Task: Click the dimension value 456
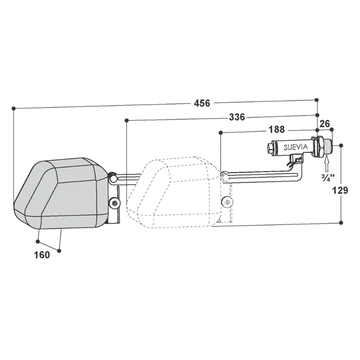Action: click(x=202, y=103)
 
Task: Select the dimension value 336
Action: click(x=237, y=117)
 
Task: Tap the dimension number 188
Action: click(x=277, y=130)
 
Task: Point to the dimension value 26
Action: click(x=325, y=124)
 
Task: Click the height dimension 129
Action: click(x=340, y=191)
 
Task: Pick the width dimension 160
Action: click(x=42, y=255)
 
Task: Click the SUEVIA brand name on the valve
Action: click(x=296, y=147)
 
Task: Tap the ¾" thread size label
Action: click(x=328, y=178)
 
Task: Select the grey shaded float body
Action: click(x=61, y=193)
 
